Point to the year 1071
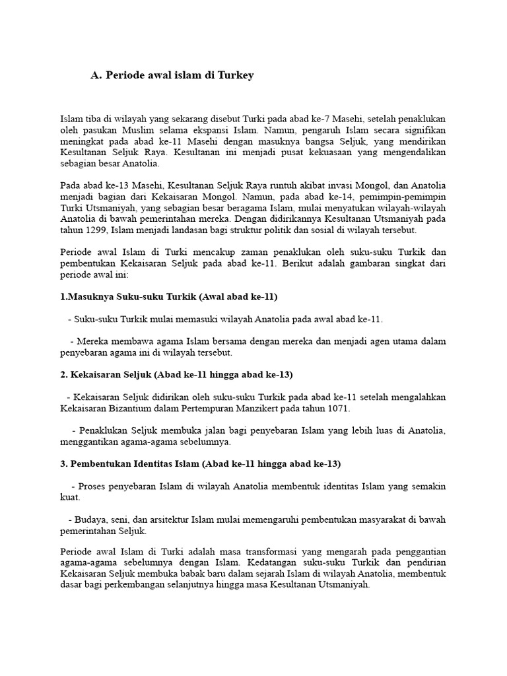point(339,408)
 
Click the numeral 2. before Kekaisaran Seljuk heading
point(64,374)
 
